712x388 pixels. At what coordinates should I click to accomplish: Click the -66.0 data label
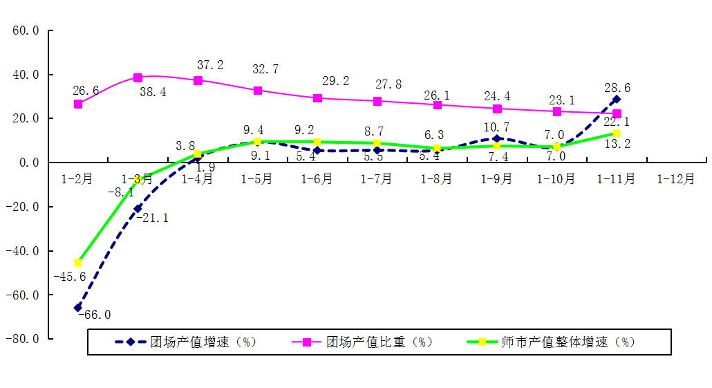coord(95,315)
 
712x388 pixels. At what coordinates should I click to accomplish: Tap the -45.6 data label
coord(69,277)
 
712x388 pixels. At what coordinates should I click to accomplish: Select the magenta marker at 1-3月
coord(138,78)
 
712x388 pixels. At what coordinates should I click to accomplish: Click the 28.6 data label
coord(617,88)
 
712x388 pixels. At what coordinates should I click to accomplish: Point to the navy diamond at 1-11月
coord(617,100)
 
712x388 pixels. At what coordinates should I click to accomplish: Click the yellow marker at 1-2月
coord(78,263)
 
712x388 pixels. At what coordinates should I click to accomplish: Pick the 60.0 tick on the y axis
coord(26,31)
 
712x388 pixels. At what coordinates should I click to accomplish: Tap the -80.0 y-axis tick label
coord(22,339)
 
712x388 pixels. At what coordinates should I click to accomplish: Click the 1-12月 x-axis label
coord(675,179)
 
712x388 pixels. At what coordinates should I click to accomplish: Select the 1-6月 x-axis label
coord(317,179)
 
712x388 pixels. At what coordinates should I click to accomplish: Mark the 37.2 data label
coord(211,65)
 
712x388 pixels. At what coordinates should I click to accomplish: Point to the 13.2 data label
coord(617,144)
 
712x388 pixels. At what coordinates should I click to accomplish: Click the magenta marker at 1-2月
coord(78,104)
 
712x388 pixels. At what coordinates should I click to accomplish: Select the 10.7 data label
coord(496,127)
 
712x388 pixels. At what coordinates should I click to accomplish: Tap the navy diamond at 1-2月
coord(78,308)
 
